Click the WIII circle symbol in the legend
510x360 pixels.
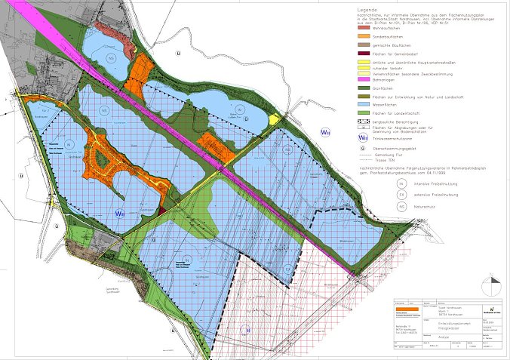(364, 138)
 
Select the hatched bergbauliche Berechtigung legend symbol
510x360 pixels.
(364, 121)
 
